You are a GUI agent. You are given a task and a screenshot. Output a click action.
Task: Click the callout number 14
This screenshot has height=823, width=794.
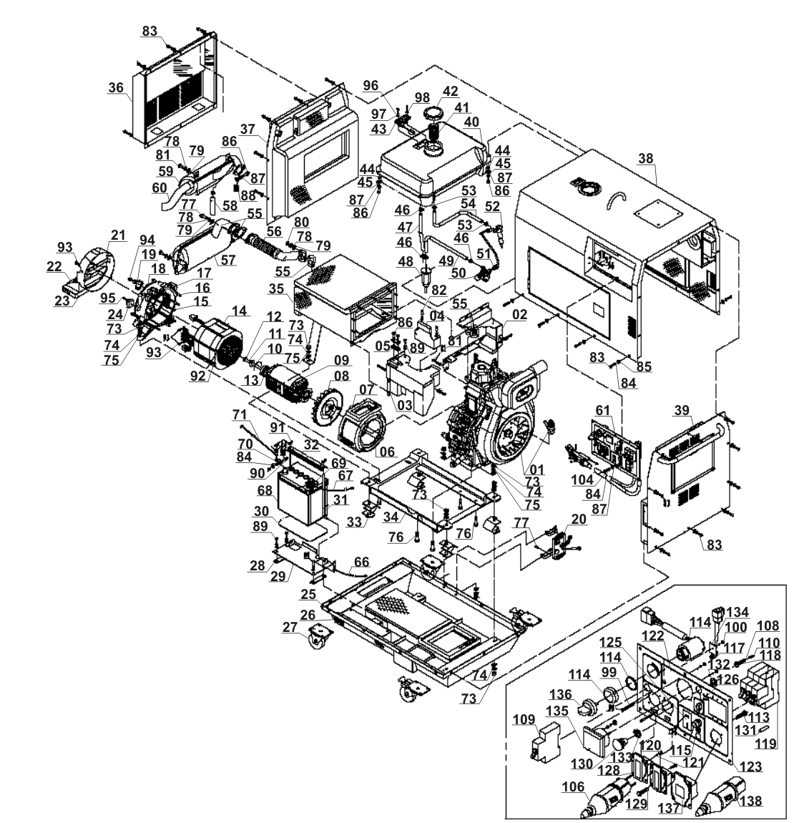click(x=238, y=311)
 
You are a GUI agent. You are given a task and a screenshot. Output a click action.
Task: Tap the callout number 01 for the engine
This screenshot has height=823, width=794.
click(x=536, y=469)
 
